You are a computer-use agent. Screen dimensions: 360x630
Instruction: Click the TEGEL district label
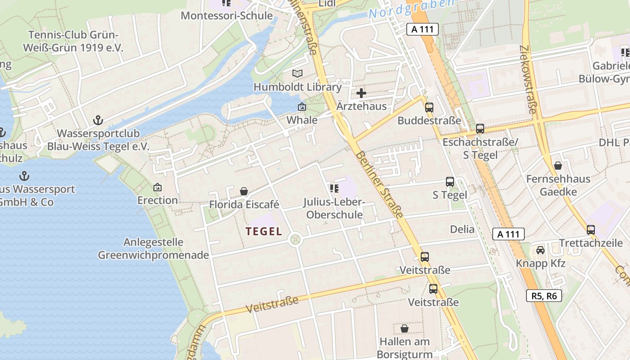[x=264, y=232]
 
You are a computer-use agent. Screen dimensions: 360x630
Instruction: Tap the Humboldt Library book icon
[x=297, y=73]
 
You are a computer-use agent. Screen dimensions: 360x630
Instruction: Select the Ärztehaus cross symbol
[x=361, y=94]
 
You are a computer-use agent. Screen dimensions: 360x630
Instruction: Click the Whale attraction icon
[x=302, y=107]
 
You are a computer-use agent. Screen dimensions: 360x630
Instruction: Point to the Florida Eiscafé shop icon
[x=244, y=192]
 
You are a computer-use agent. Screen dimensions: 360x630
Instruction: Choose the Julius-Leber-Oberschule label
[x=334, y=208]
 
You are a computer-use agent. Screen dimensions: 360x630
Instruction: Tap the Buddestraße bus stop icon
[x=429, y=108]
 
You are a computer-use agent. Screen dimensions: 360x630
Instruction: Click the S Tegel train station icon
[x=450, y=182]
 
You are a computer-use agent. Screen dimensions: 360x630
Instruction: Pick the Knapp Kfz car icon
[x=540, y=250]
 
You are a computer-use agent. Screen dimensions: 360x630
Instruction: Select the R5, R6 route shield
[x=544, y=296]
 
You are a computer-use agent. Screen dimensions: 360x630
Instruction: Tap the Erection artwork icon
[x=157, y=187]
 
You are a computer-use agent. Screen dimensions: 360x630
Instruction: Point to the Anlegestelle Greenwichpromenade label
[x=153, y=249]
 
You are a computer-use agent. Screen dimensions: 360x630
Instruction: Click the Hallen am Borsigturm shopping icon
[x=404, y=328]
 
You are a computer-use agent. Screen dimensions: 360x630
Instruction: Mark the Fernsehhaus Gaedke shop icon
[x=558, y=166]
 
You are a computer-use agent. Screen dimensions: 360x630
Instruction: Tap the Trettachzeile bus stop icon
[x=590, y=230]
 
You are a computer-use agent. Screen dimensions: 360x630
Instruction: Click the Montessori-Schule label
[x=227, y=16]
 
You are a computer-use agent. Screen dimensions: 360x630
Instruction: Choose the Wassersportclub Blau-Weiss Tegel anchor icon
[x=98, y=120]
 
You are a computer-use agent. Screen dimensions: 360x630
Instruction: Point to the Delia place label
[x=462, y=229]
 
